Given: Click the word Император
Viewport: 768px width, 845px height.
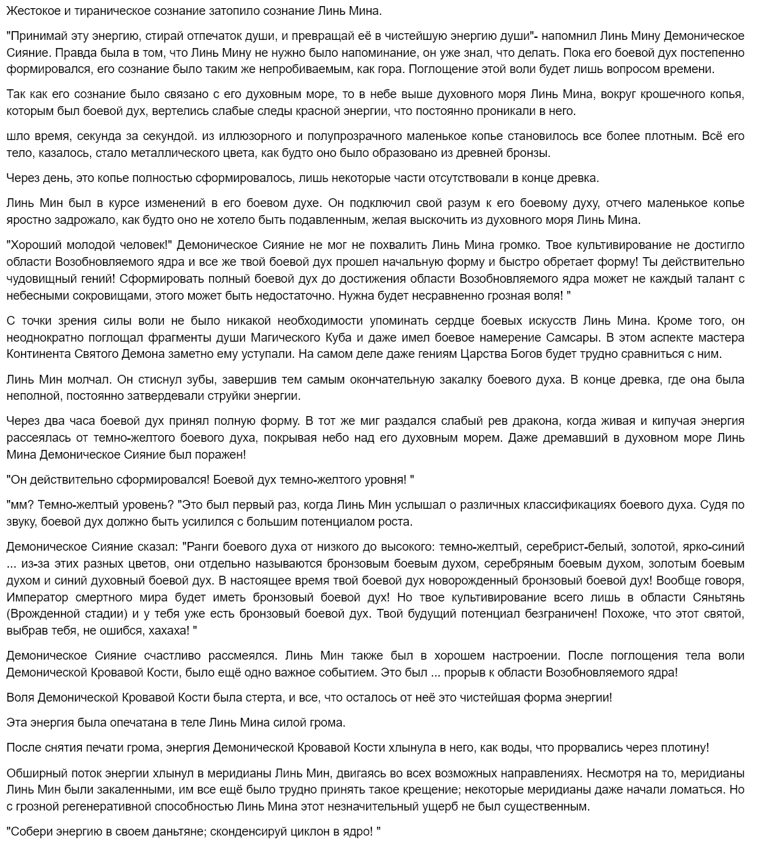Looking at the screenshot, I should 37,597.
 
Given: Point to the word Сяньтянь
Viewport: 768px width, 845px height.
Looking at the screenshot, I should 718,597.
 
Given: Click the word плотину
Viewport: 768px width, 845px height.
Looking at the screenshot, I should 685,748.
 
